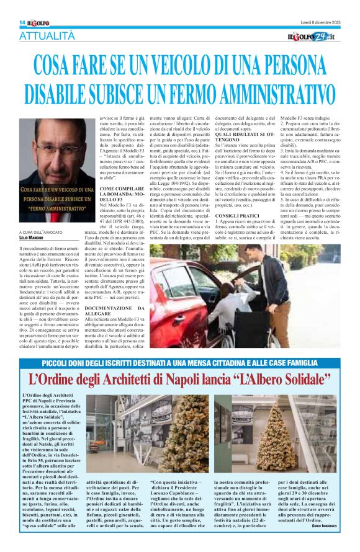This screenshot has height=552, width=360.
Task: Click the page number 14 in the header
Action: (x=22, y=22)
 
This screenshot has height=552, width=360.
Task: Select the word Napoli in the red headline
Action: (x=197, y=379)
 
